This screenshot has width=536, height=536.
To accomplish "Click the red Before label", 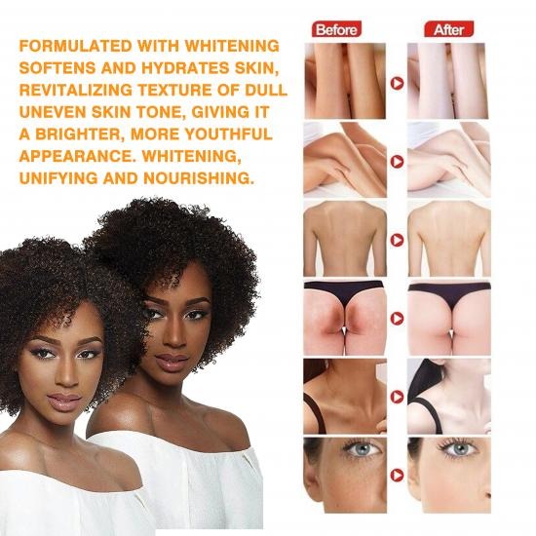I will [x=337, y=29].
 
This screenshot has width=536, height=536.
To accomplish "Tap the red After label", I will [x=449, y=29].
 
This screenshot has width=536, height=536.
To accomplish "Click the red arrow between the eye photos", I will [x=396, y=476].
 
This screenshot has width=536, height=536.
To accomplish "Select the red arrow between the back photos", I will [x=396, y=239].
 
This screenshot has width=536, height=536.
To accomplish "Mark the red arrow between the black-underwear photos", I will [x=396, y=318].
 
